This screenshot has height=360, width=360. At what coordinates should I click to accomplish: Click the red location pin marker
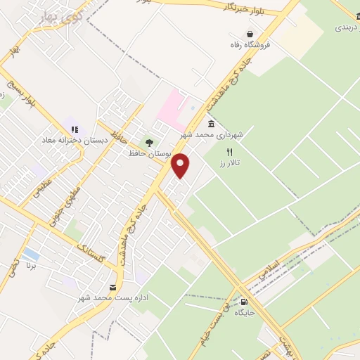181,165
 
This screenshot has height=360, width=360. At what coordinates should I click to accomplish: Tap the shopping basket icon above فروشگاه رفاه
250,33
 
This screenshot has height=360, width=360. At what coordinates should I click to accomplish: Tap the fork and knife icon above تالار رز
229,151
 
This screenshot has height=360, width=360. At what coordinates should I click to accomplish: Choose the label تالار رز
227,162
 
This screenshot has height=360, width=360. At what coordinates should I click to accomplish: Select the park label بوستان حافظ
147,153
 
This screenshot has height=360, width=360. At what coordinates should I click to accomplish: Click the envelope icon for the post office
112,288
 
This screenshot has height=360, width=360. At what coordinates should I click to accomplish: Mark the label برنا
30,266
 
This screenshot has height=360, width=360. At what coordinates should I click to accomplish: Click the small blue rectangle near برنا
31,252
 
